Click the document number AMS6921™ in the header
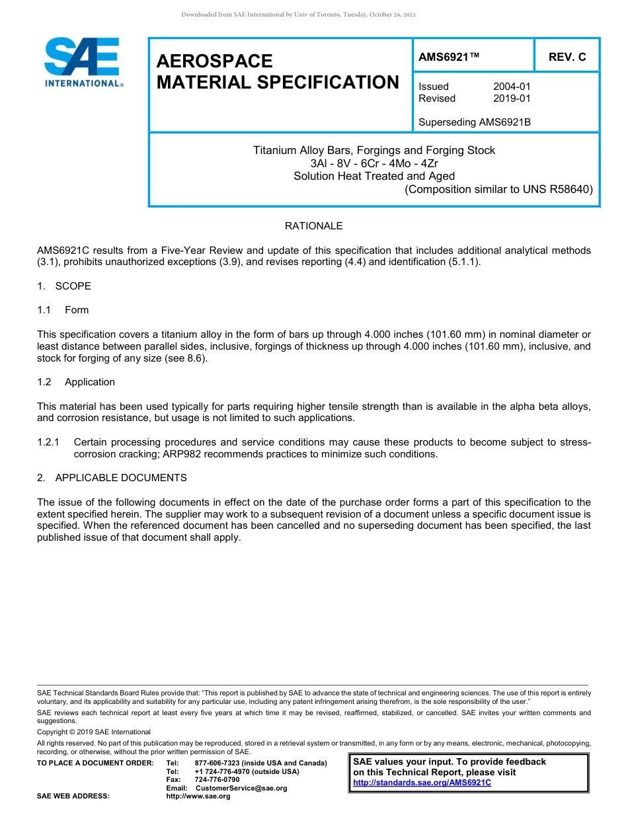pos(449,58)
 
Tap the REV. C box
pos(567,58)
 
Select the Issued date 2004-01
pos(512,87)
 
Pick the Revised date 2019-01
pos(512,98)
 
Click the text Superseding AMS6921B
pos(475,122)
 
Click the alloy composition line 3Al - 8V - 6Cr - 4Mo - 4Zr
pos(374,163)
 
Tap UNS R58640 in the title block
pos(554,189)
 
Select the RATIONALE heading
pos(313,226)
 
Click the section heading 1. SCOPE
pos(64,286)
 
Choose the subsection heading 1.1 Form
pos(63,310)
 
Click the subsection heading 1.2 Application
pos(76,382)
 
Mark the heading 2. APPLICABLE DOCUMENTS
pos(112,478)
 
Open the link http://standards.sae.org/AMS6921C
pos(422,783)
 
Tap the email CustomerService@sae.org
pos(241,788)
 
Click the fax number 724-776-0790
pos(217,780)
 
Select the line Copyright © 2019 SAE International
pos(94,732)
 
